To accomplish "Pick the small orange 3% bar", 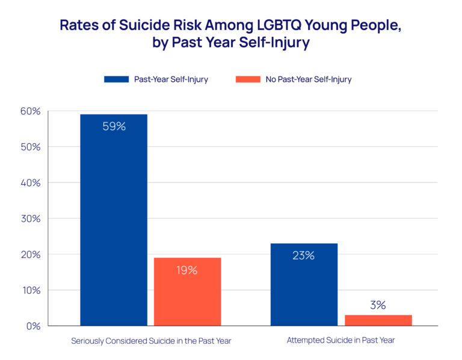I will click(x=378, y=320).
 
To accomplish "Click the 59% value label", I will click(x=114, y=127).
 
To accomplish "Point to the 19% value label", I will click(x=187, y=270).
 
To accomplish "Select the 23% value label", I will click(x=304, y=255).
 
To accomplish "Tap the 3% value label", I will click(x=378, y=305).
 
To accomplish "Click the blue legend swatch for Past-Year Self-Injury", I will click(x=117, y=79).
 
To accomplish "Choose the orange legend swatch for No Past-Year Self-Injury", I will click(x=248, y=79).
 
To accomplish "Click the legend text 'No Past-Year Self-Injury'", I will click(x=309, y=79).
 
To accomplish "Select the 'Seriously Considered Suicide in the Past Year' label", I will click(x=151, y=341).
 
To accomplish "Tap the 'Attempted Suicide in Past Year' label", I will click(x=340, y=340).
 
